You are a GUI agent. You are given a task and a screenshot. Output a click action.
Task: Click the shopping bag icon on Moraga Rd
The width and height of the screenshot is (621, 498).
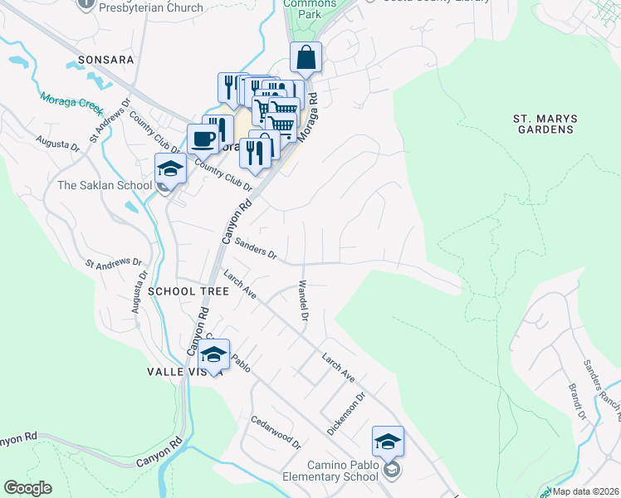point(306,58)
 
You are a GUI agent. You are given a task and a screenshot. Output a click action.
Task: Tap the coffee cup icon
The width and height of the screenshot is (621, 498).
point(203,139)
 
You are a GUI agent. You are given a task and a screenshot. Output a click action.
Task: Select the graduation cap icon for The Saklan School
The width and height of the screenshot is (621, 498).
point(171,168)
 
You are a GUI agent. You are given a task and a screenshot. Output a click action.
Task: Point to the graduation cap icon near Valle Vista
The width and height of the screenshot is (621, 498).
point(214,355)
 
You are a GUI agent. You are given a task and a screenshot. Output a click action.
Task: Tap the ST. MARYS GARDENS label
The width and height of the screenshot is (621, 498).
point(544,124)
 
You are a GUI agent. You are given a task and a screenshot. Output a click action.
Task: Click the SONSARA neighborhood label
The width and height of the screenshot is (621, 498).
point(105,60)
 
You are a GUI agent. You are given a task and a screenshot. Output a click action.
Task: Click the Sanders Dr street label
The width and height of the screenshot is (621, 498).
point(255,248)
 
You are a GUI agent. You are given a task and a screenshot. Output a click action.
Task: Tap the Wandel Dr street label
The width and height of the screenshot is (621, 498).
point(303,301)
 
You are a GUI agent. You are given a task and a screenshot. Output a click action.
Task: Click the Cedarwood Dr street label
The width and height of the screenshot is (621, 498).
point(276,432)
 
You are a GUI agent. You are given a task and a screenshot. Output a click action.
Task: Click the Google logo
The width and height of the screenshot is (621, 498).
point(27,488)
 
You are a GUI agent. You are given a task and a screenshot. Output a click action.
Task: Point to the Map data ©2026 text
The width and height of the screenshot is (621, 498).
point(586,491)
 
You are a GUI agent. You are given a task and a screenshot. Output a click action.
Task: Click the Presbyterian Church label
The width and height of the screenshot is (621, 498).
point(150,7)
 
